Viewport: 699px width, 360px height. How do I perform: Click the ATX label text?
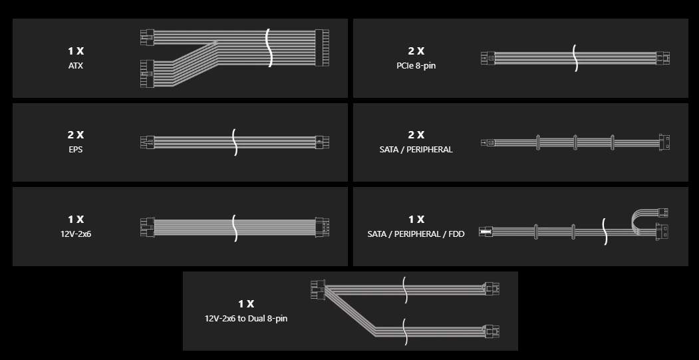click(x=76, y=66)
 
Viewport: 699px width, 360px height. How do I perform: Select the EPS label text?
click(x=76, y=150)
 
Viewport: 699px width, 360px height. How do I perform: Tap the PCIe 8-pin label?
click(x=416, y=66)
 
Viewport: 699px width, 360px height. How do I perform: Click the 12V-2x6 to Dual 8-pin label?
click(x=246, y=319)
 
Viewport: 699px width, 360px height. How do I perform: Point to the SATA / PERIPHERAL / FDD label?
click(x=416, y=234)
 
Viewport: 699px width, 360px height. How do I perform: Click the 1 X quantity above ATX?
click(x=76, y=51)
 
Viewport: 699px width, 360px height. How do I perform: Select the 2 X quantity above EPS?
click(x=76, y=134)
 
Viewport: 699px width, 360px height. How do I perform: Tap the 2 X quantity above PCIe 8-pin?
click(x=416, y=51)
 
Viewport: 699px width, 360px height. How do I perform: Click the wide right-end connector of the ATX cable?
click(x=322, y=48)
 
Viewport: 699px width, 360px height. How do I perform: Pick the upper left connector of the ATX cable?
click(x=147, y=37)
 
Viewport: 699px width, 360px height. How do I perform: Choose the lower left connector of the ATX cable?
click(x=147, y=74)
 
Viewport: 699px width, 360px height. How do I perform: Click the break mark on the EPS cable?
click(x=235, y=142)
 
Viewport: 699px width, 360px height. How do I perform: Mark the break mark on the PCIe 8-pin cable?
click(x=575, y=58)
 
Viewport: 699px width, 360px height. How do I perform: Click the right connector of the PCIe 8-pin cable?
click(x=663, y=58)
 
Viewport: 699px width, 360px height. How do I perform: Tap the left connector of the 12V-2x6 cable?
click(x=147, y=227)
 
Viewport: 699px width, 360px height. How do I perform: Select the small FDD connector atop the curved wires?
click(x=663, y=213)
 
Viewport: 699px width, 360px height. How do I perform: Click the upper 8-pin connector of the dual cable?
click(x=491, y=289)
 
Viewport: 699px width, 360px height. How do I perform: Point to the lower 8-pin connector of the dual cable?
click(x=491, y=331)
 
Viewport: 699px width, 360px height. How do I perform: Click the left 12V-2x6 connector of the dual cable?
click(x=318, y=289)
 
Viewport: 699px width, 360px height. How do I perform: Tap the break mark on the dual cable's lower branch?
click(x=405, y=331)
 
